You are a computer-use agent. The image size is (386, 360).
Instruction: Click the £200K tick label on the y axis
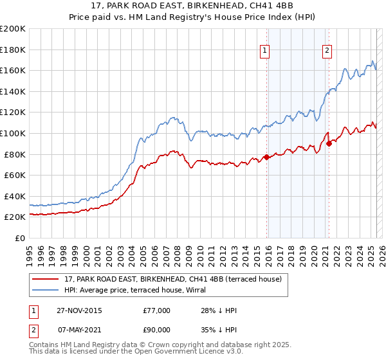coord(13,29)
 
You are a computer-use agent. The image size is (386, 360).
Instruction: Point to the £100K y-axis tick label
coord(13,133)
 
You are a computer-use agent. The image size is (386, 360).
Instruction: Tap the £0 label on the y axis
coord(20,238)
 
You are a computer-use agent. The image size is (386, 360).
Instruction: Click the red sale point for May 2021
coord(329,143)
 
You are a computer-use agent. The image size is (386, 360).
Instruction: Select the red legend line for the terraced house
coord(46,279)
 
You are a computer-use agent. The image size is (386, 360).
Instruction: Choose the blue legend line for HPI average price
coord(46,290)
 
